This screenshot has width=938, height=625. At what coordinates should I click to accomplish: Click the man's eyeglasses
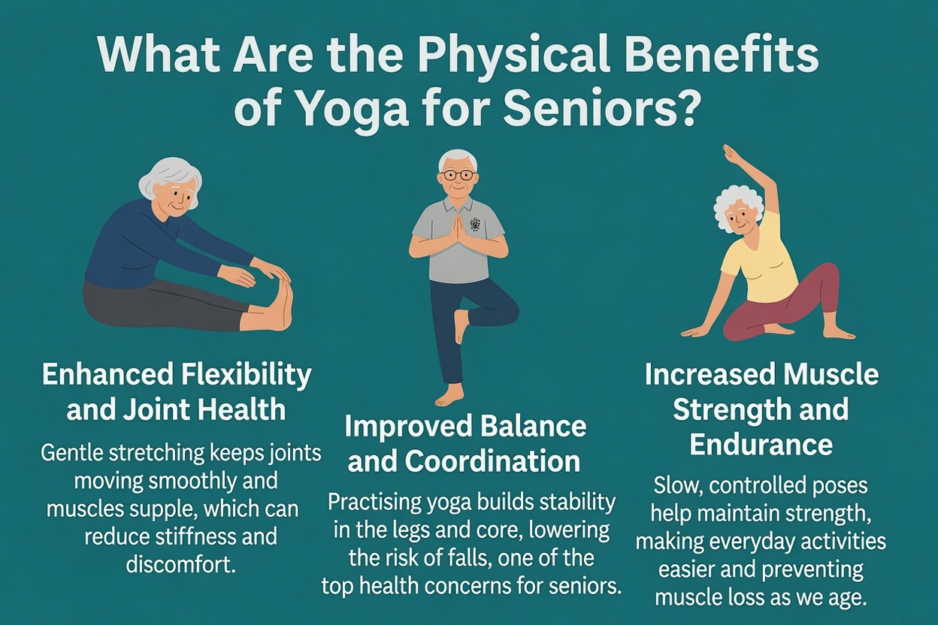458,175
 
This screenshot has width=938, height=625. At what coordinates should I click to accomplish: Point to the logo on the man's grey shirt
475,223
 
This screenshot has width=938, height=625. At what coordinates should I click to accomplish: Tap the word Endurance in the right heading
761,444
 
